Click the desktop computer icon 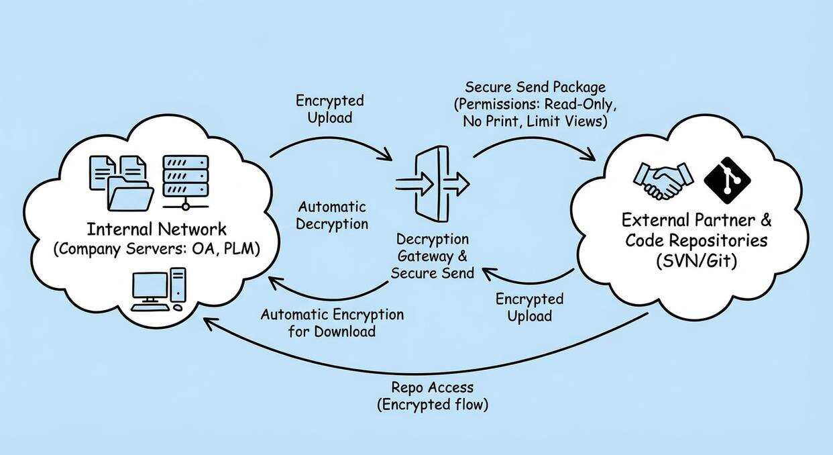point(158,289)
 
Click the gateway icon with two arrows point(432,182)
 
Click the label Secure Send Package point(535,87)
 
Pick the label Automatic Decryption point(332,215)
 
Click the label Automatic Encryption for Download point(332,323)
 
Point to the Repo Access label point(432,387)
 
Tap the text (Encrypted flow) point(432,405)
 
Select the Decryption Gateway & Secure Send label point(432,256)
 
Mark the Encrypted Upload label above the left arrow point(329,109)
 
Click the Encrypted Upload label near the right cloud point(529,307)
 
